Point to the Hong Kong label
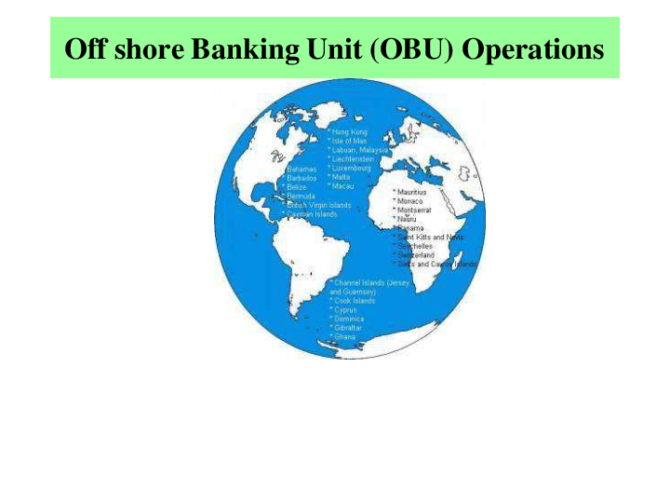coord(351,131)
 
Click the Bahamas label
coord(302,169)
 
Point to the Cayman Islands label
coord(313,214)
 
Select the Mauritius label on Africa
coord(412,192)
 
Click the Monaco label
coord(409,201)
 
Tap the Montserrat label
coord(413,211)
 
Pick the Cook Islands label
coord(354,301)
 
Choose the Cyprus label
coord(345,309)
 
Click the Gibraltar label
coord(348,328)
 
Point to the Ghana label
coord(344,336)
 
